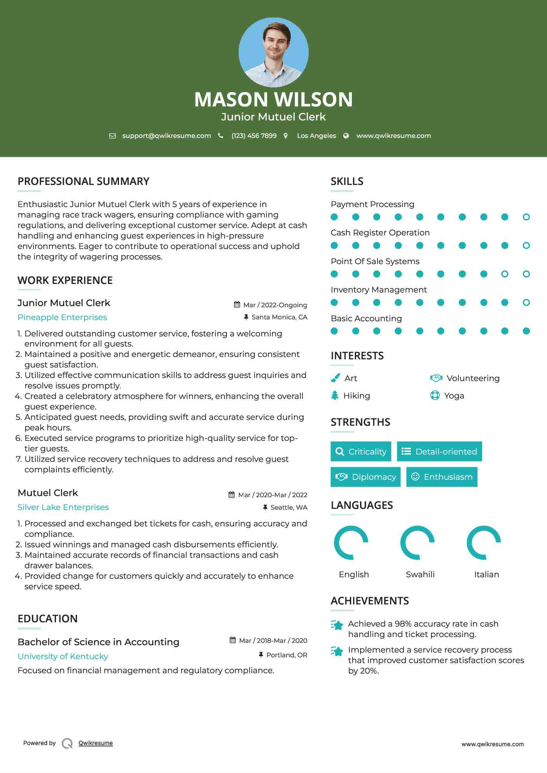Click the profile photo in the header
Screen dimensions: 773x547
tap(273, 52)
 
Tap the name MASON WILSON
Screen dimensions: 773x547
tap(273, 99)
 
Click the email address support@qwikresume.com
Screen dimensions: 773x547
tap(166, 136)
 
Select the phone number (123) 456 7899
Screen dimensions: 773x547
tap(254, 136)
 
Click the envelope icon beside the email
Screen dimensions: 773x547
tap(112, 136)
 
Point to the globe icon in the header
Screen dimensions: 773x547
tap(346, 136)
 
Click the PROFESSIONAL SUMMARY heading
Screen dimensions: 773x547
tap(84, 181)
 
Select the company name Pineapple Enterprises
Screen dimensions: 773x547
tap(62, 317)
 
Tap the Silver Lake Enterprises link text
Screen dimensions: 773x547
tap(63, 507)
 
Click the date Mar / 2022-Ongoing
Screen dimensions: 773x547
tap(275, 305)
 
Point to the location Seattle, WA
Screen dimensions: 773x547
tap(288, 507)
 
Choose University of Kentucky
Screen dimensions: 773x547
tap(63, 656)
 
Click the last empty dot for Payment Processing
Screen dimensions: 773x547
tap(526, 217)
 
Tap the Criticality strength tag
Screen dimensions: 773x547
tap(361, 451)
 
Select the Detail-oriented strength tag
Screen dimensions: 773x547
tap(439, 451)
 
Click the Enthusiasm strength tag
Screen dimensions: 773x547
tap(442, 477)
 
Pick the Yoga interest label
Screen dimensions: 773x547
tap(454, 396)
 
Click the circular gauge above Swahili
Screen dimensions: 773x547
tap(417, 543)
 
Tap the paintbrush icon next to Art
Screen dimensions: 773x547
tap(335, 378)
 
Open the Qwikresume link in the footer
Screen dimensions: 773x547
tap(95, 743)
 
